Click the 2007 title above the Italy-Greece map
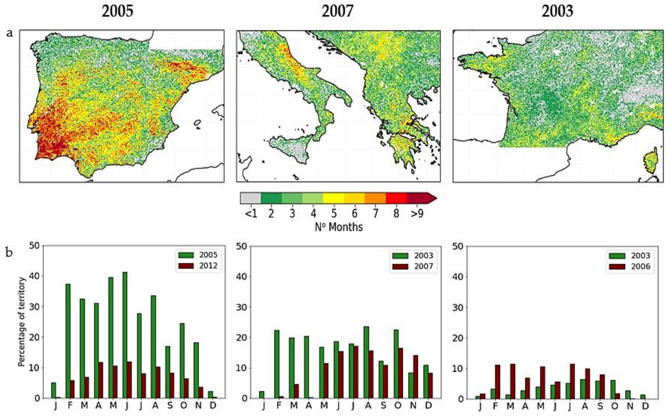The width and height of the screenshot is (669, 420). [x=338, y=12]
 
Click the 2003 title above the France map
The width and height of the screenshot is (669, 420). [x=557, y=12]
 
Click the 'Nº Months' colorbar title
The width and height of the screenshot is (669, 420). [x=339, y=227]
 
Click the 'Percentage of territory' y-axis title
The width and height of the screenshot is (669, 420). [x=22, y=322]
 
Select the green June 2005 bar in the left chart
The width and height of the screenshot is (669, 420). [x=125, y=335]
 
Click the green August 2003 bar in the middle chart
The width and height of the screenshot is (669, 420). [x=366, y=362]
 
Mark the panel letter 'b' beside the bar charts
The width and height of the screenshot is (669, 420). [x=9, y=253]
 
